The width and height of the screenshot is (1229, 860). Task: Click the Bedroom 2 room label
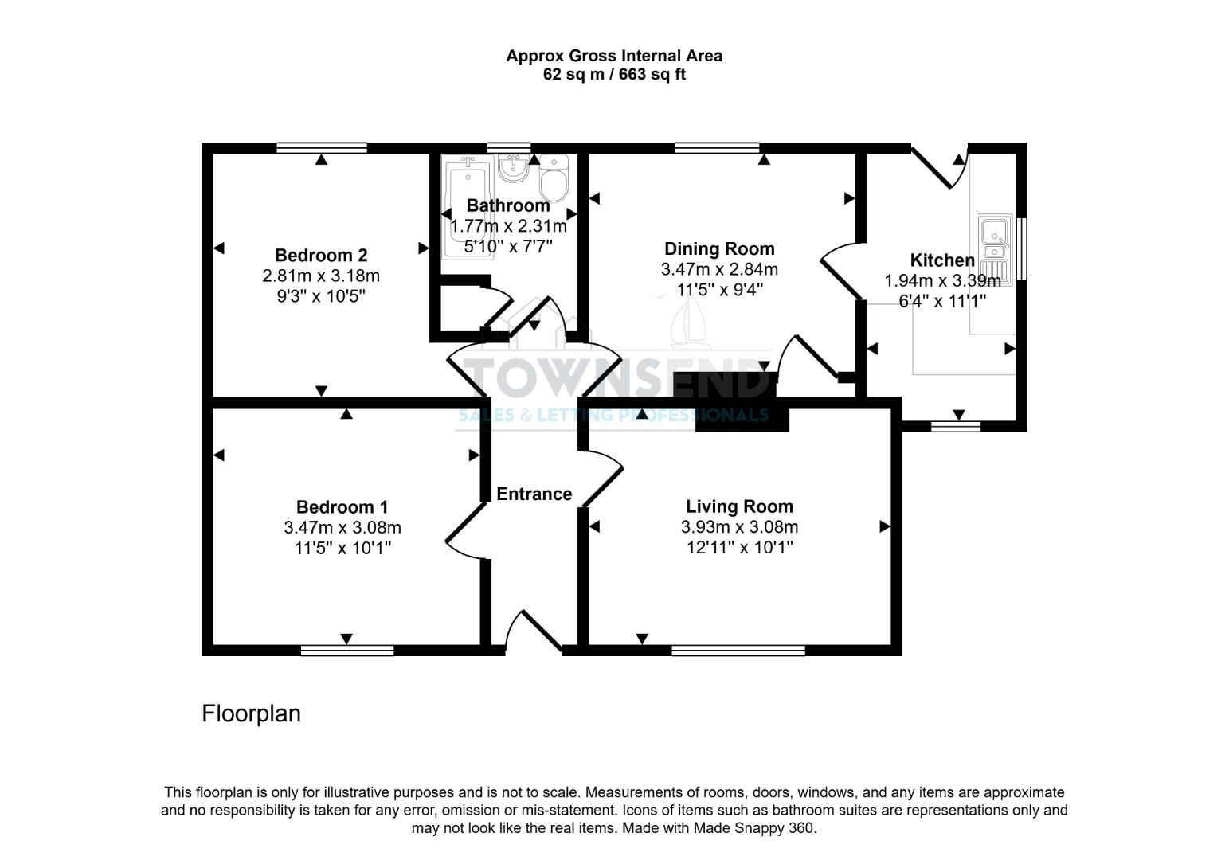320,256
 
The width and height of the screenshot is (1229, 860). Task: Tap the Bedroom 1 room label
342,507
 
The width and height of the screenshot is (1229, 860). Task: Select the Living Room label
739,506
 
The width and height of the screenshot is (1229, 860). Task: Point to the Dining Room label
719,248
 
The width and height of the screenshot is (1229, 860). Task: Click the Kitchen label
941,260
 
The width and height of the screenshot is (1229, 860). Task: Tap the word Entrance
534,494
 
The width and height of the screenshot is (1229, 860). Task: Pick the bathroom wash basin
513,168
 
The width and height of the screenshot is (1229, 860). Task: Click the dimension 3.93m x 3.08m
739,527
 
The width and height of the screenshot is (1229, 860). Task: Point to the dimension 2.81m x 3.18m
320,276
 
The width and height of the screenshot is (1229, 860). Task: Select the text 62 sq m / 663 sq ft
614,75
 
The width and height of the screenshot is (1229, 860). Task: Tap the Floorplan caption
251,713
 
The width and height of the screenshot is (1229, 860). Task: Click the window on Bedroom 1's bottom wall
347,651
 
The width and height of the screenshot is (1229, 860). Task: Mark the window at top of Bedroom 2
322,147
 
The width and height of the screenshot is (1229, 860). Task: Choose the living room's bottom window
738,651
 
